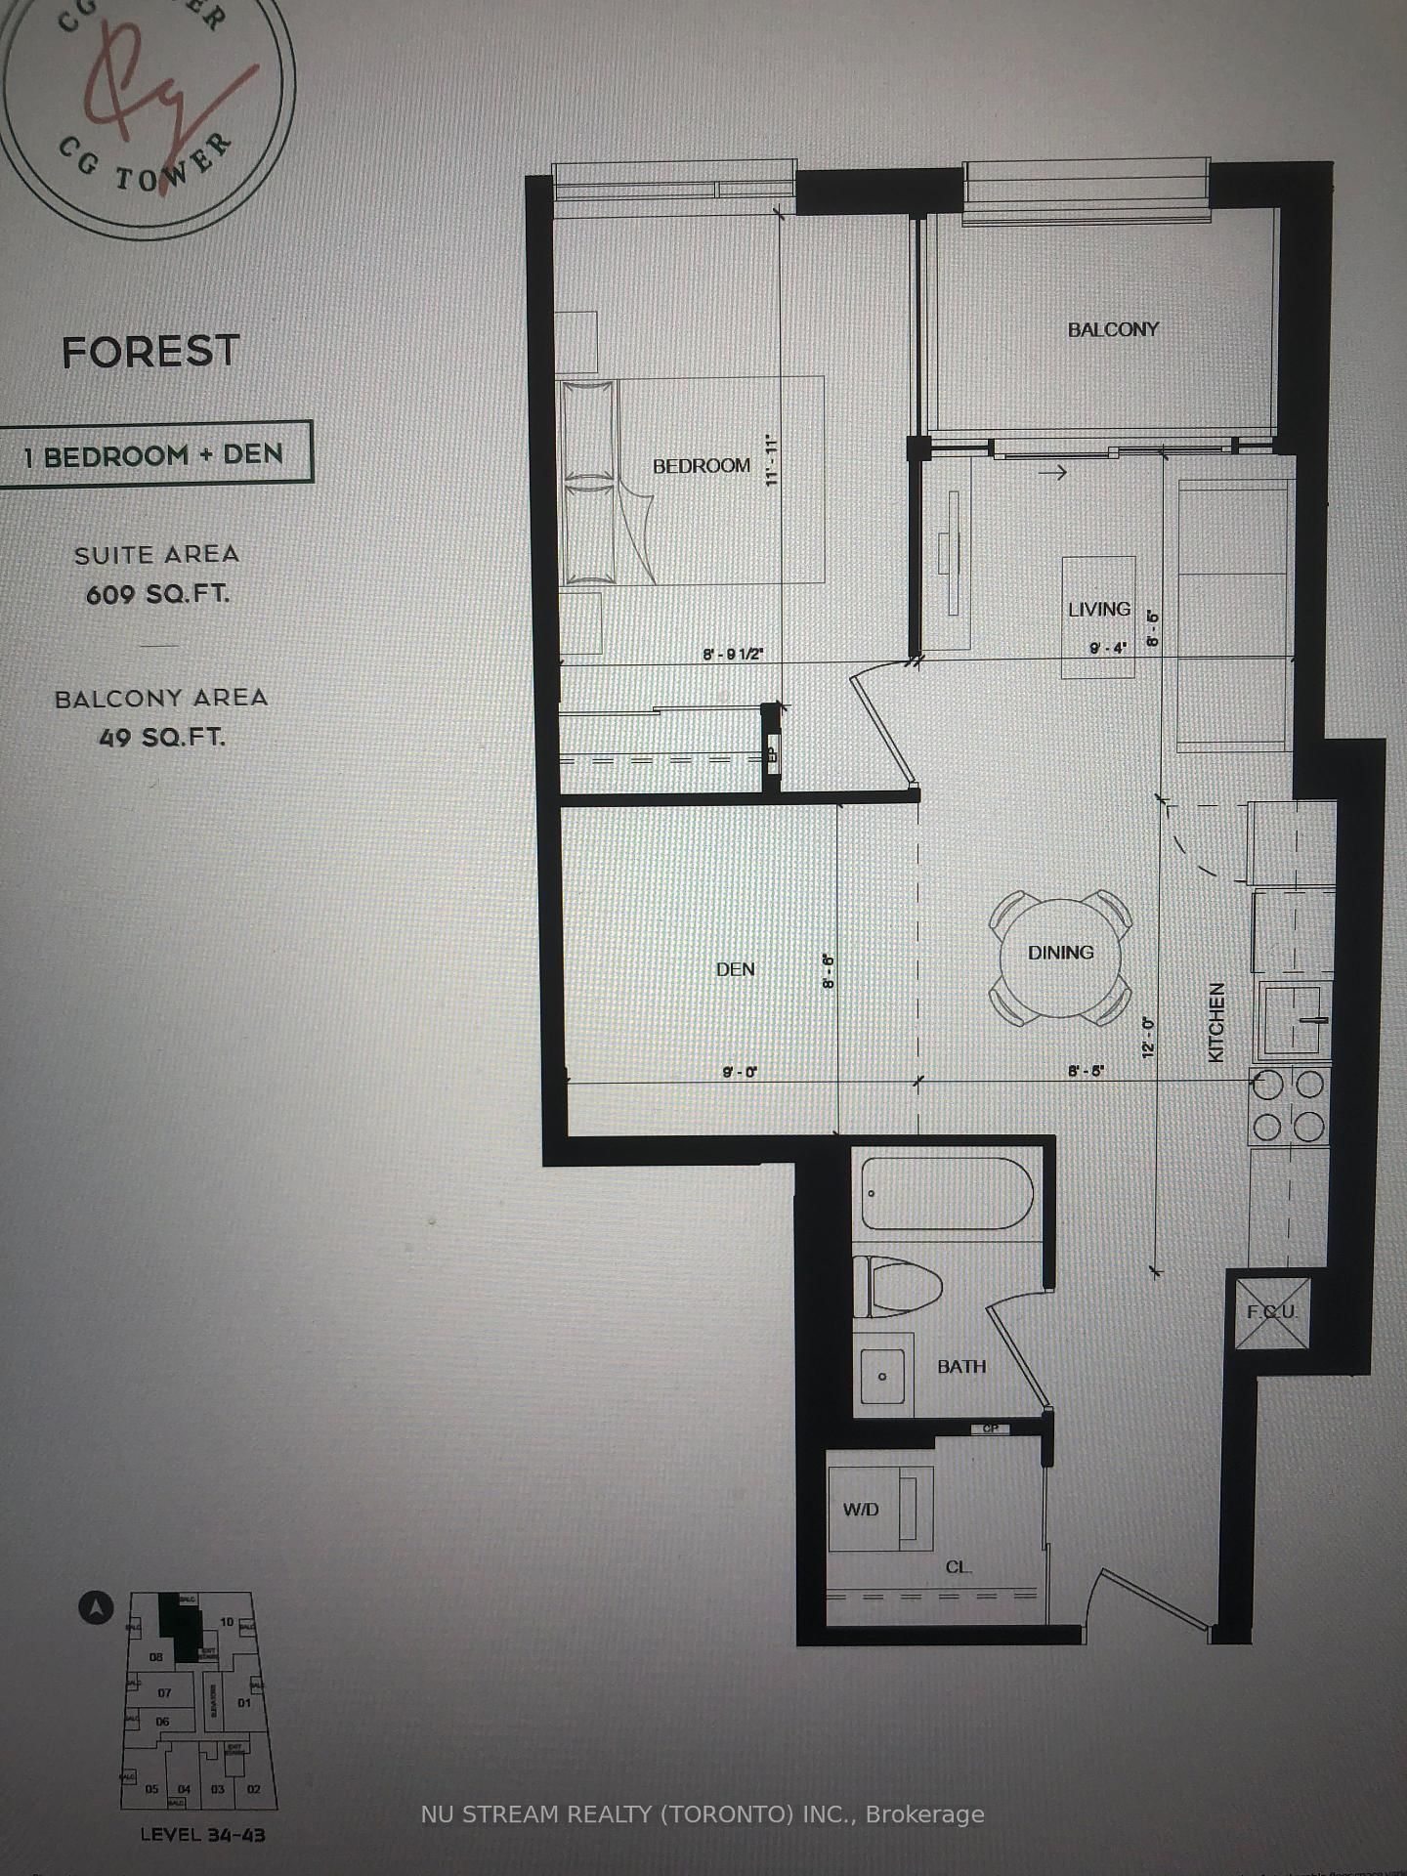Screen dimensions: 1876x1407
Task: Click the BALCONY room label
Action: coord(1112,330)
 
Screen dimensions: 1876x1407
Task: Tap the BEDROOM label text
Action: coord(702,466)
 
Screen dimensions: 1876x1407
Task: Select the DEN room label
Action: coord(735,969)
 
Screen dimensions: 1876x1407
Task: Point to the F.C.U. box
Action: coord(1271,1312)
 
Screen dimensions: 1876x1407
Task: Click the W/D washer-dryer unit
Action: coord(879,1509)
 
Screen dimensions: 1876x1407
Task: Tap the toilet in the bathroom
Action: coord(897,1286)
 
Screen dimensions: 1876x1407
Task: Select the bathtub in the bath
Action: coord(943,1194)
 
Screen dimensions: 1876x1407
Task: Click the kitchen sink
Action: coord(1293,1020)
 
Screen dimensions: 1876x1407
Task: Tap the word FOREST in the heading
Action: coord(150,352)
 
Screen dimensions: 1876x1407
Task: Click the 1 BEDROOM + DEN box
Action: coord(154,455)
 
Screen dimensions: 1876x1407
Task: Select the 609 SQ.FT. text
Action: coord(157,594)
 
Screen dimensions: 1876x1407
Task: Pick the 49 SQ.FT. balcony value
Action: coord(161,738)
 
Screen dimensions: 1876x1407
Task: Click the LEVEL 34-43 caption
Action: coord(202,1834)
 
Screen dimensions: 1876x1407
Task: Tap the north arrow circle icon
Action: coord(97,1607)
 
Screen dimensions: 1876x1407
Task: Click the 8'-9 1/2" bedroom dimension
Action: coord(732,655)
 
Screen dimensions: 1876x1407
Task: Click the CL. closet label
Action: coord(958,1567)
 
